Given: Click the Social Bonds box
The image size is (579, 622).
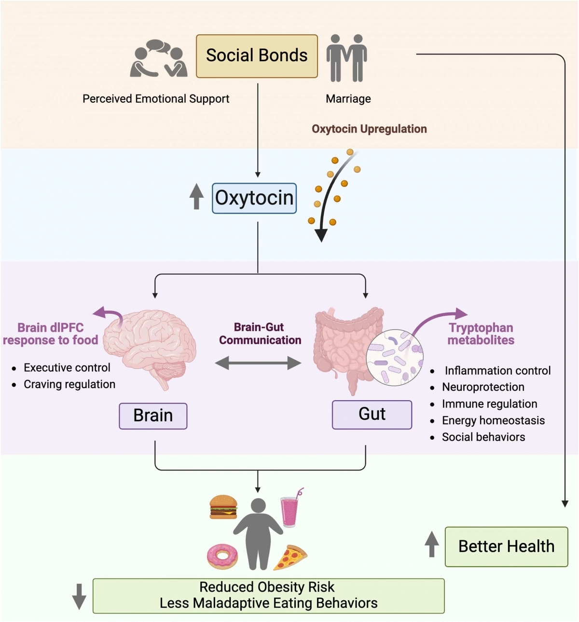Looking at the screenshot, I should click(x=257, y=56).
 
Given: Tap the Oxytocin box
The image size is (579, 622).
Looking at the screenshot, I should click(x=254, y=198).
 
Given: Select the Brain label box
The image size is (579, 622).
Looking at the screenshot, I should click(x=153, y=416).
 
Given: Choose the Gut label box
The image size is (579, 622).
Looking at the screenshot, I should click(x=372, y=414).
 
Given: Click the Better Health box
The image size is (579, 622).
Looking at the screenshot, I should click(x=506, y=546).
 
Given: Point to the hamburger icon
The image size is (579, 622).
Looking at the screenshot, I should click(x=223, y=507).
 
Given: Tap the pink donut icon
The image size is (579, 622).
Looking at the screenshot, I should click(x=222, y=556).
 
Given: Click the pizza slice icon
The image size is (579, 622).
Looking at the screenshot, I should click(x=290, y=557).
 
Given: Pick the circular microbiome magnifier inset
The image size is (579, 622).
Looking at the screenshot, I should click(x=395, y=357).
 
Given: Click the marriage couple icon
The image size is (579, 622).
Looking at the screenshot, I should click(x=346, y=58).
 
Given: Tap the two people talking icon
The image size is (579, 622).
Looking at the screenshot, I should click(x=158, y=59).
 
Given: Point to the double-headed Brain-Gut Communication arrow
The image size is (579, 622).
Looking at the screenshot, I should click(x=258, y=363).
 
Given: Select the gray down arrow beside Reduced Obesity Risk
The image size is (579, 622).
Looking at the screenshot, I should click(x=79, y=596).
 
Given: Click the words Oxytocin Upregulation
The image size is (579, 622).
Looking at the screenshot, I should click(x=369, y=129).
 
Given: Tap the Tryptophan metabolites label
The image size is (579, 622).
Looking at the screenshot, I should click(x=481, y=334).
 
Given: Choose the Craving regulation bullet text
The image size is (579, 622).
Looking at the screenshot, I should click(x=69, y=384).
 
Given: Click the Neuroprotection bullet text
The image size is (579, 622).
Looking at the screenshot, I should click(x=483, y=387).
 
